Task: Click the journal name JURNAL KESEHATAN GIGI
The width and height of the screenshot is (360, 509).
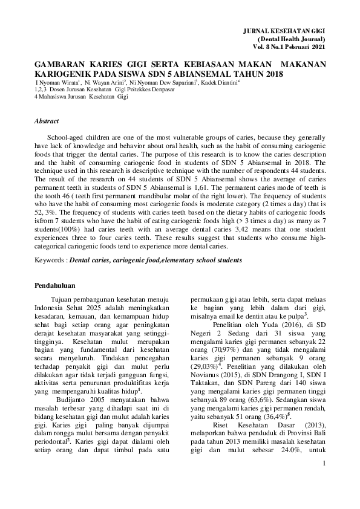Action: click(284, 30)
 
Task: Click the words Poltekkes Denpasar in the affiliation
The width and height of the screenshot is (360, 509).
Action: click(154, 89)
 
